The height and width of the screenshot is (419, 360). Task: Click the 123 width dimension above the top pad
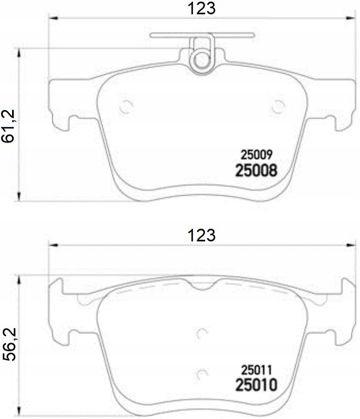click(201, 8)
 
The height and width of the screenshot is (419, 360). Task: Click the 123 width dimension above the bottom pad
click(201, 235)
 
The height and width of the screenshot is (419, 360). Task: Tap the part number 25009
click(254, 156)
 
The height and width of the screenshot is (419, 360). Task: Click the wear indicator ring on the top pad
click(202, 58)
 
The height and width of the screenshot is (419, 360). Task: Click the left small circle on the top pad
click(126, 106)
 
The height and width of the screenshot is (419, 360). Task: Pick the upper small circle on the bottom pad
click(202, 333)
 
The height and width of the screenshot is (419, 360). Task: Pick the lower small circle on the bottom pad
click(202, 374)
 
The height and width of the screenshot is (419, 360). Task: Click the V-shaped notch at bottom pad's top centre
click(202, 285)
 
